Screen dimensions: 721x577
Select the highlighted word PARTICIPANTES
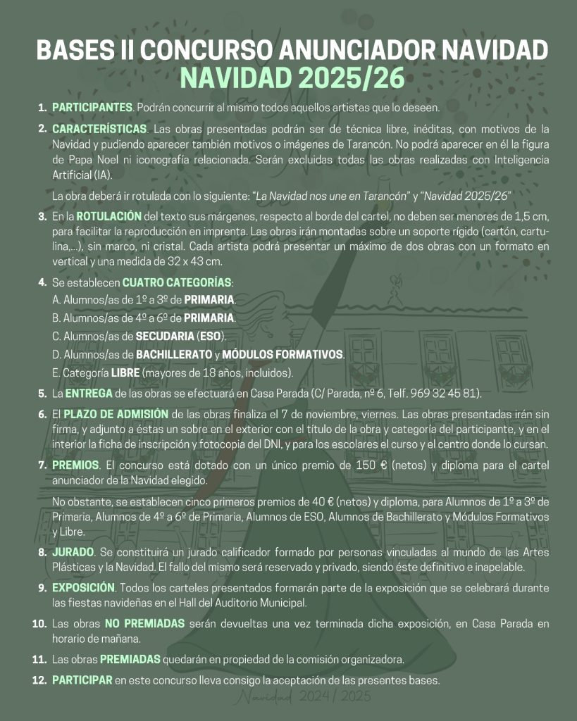[x=92, y=108]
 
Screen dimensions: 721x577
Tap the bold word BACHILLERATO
[x=173, y=353]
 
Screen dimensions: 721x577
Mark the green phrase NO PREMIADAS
[x=144, y=623]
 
